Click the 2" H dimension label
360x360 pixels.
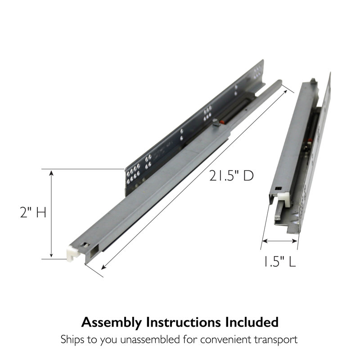(x=33, y=212)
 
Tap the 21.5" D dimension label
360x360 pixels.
(x=231, y=176)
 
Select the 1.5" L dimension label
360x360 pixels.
(x=279, y=261)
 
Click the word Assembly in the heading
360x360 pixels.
(x=112, y=323)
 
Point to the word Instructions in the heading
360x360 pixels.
(x=184, y=322)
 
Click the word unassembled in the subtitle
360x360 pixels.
(x=150, y=339)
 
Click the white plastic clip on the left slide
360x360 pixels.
(x=72, y=253)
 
